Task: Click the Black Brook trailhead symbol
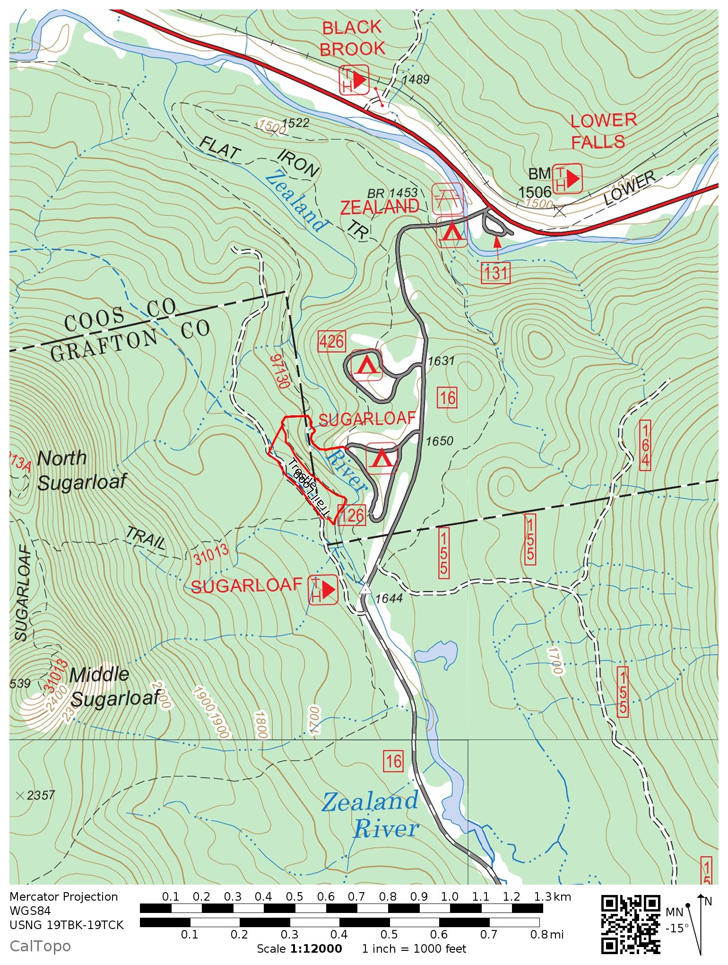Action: coord(354,80)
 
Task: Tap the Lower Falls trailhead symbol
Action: coord(567,178)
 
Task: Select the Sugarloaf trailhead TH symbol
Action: coord(323,590)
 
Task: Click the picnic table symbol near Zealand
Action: coord(447,198)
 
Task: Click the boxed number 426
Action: coord(331,341)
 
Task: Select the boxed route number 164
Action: coord(645,445)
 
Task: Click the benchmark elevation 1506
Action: coord(535,192)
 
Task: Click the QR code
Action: coord(631,924)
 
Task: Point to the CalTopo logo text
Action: coord(40,946)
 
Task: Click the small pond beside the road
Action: coord(436,655)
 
